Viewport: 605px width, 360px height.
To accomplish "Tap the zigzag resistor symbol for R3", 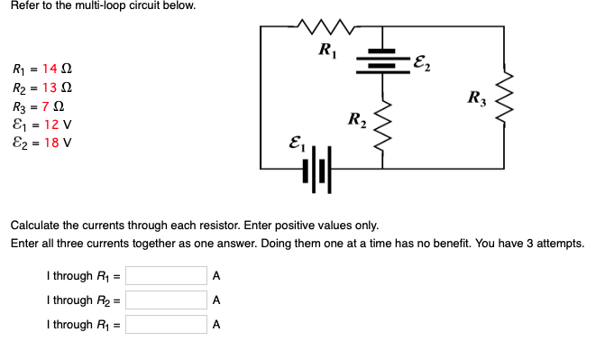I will coord(505,96).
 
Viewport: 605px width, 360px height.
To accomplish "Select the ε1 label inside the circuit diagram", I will coord(294,141).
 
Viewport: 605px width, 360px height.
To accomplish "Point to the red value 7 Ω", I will coord(50,106).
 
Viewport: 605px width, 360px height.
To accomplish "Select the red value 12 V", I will coord(56,125).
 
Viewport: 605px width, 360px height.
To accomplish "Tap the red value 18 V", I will coord(56,143).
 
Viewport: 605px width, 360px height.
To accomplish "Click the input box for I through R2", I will coord(166,300).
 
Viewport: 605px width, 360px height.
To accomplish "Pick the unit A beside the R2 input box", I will coord(216,300).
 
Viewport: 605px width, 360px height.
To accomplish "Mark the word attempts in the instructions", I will coord(561,244).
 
